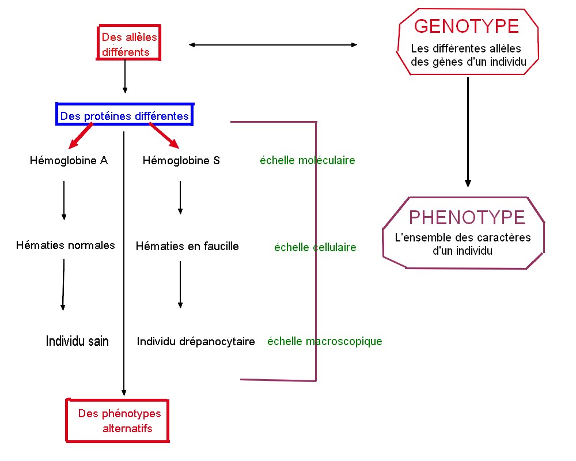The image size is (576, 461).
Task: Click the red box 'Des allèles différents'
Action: tap(128, 44)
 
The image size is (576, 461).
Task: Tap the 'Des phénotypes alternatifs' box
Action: tap(118, 421)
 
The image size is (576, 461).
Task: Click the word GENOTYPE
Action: tap(467, 27)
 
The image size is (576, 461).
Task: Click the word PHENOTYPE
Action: tap(467, 217)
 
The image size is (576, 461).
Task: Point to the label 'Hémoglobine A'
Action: tap(69, 161)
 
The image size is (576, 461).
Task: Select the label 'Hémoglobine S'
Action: tap(181, 161)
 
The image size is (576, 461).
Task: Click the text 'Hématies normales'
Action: tap(65, 245)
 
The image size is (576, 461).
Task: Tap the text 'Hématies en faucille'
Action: tap(187, 246)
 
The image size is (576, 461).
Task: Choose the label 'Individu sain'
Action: tap(77, 341)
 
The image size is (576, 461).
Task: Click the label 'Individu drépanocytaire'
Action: tap(196, 342)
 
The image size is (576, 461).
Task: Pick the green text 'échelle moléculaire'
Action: tap(307, 161)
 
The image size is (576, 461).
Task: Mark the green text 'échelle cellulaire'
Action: tap(315, 248)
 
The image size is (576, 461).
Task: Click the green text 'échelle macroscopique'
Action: tap(324, 341)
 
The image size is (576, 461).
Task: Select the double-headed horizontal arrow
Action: tap(273, 45)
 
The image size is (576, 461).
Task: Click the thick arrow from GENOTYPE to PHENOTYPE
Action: tap(468, 133)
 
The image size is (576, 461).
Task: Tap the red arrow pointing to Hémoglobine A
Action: tap(81, 136)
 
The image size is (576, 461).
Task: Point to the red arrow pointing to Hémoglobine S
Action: tap(165, 136)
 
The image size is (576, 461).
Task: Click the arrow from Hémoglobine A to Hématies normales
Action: tap(64, 200)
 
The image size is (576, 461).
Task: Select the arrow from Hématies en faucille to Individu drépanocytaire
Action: tap(180, 285)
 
